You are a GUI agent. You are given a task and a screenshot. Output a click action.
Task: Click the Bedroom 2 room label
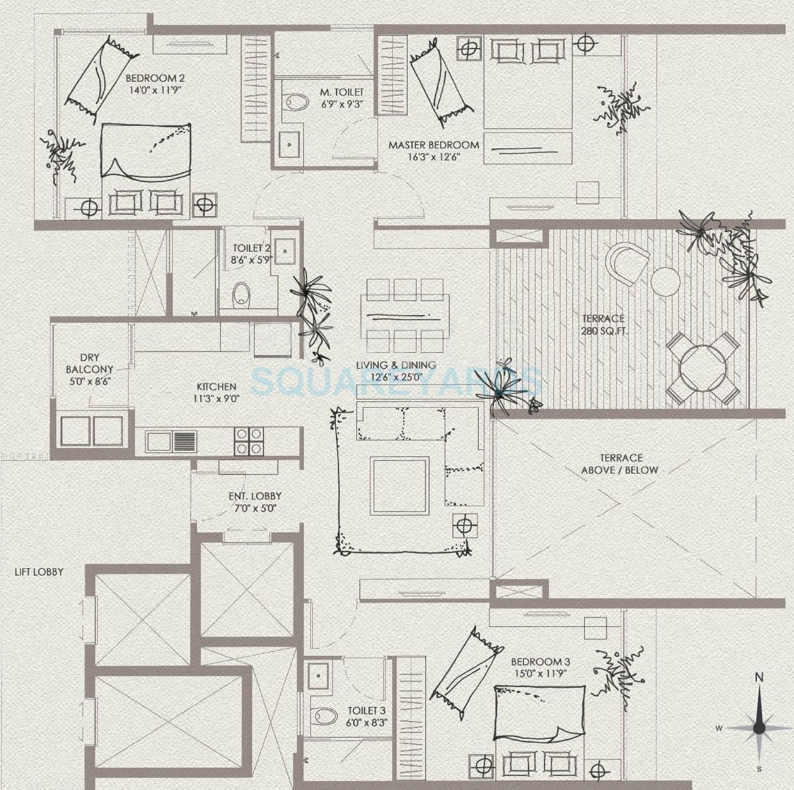[151, 79]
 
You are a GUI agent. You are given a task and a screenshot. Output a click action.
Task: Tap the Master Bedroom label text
[433, 145]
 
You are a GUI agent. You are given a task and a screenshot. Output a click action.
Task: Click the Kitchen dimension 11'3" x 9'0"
[216, 398]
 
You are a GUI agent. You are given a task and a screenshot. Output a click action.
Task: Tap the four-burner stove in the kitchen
[248, 440]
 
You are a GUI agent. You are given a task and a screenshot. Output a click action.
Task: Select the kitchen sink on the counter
[171, 441]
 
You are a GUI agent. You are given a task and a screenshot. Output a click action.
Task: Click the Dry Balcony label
[90, 364]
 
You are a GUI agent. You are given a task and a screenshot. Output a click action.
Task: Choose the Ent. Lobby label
[255, 496]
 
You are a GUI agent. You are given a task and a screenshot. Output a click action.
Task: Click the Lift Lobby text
[39, 571]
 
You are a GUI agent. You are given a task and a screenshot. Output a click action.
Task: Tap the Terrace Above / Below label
[619, 464]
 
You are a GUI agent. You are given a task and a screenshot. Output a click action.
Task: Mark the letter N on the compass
[759, 677]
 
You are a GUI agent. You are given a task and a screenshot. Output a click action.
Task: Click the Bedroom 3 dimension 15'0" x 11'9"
[540, 674]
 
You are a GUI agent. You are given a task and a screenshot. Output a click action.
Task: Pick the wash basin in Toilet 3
[318, 673]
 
